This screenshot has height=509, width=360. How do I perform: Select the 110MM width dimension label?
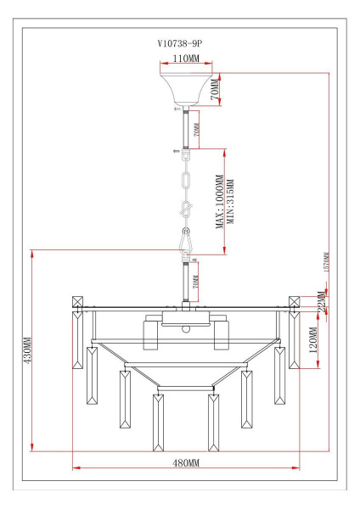185,60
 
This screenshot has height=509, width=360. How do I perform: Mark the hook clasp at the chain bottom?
185,243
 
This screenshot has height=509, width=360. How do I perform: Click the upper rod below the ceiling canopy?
185,128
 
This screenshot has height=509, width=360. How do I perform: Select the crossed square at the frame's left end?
77,302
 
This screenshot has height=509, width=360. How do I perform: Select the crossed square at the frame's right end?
295,302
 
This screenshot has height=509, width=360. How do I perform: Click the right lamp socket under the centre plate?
222,335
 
